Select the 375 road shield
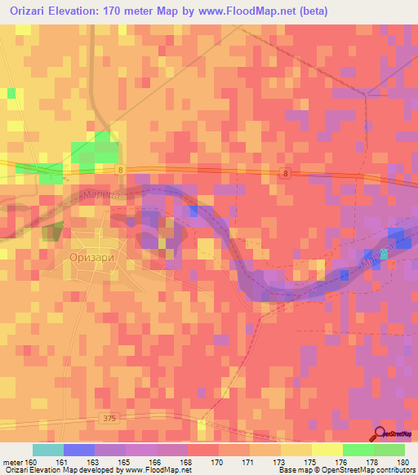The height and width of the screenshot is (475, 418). (x=110, y=418)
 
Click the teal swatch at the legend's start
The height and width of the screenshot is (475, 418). (x=48, y=450)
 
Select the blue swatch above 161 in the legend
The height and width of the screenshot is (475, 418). (x=79, y=450)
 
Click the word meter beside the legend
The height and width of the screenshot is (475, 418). (x=11, y=461)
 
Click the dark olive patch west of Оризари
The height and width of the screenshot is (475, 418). (x=52, y=231)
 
